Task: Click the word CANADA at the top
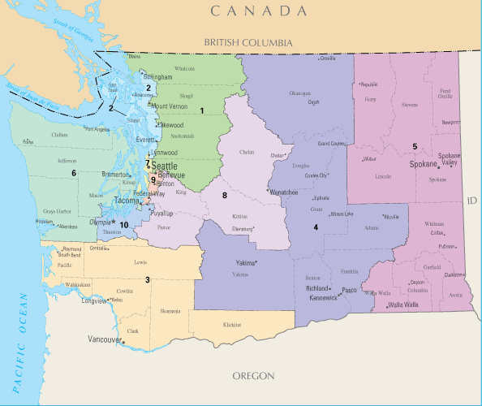point(262,11)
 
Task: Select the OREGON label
point(254,376)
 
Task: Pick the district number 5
point(415,146)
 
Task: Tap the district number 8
point(225,196)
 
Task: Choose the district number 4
point(316,227)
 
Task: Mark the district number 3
point(147,279)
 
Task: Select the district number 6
point(73,173)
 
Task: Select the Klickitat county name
point(233,325)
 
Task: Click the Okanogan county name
point(299,93)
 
